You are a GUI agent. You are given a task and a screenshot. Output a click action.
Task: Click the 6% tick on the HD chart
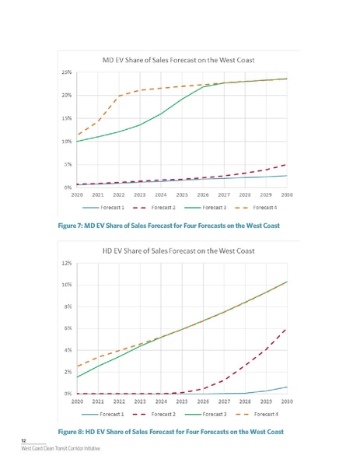coord(68,328)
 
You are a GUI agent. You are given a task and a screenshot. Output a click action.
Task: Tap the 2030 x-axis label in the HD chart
coord(287,401)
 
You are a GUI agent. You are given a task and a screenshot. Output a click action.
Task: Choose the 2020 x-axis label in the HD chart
coord(77,401)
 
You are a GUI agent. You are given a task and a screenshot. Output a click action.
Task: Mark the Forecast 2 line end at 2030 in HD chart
coord(288,330)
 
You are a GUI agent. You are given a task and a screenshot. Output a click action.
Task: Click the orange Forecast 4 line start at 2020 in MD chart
coord(78,135)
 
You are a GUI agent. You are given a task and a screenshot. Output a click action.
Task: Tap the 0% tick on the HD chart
coord(68,394)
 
